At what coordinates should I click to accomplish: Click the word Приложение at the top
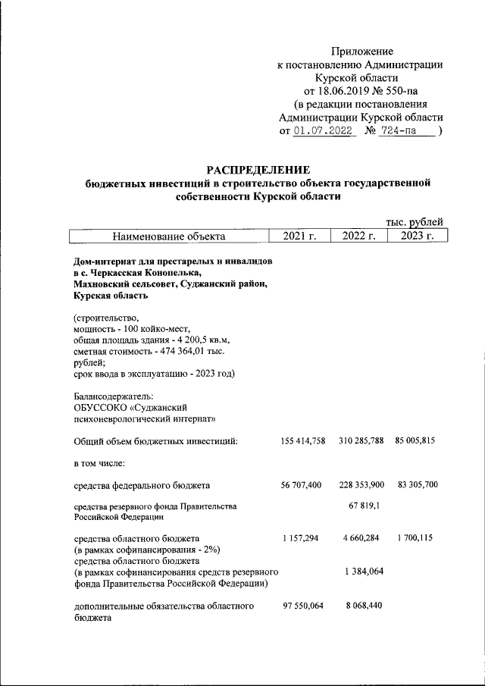click(x=362, y=51)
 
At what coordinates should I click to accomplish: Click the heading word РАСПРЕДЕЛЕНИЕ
click(x=258, y=168)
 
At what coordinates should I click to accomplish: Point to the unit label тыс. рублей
click(x=415, y=222)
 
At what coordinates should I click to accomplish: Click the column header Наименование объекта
click(x=169, y=236)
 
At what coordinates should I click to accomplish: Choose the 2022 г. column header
click(x=358, y=236)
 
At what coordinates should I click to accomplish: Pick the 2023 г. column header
click(x=417, y=236)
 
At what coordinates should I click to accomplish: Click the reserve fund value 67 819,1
click(x=359, y=506)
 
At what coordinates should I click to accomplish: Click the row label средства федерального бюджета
click(x=142, y=485)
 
